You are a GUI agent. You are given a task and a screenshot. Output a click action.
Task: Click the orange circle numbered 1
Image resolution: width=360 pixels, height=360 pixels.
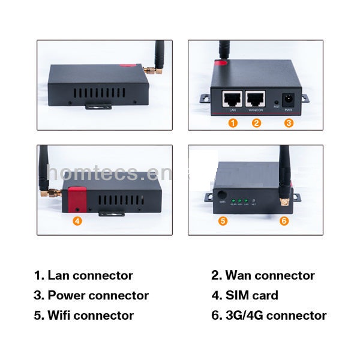(x=233, y=122)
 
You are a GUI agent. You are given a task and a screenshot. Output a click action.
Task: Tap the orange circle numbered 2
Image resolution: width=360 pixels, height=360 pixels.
(x=256, y=122)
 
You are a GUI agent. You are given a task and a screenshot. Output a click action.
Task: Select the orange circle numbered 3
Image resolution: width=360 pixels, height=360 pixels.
(x=289, y=122)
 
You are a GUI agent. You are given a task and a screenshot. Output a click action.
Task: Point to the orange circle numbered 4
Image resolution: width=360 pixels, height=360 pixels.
(x=77, y=220)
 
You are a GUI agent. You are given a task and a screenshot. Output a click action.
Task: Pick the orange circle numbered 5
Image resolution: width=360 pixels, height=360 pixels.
(x=223, y=220)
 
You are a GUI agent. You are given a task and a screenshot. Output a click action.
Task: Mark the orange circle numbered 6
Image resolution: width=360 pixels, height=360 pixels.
(x=284, y=220)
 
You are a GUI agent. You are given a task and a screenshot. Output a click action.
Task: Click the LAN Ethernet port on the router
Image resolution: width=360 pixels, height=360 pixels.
(x=232, y=99)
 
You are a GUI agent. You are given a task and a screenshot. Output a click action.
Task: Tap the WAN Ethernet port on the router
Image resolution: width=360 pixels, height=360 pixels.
(x=256, y=99)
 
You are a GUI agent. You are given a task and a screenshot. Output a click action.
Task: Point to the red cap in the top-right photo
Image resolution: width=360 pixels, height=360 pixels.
(x=221, y=61)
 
